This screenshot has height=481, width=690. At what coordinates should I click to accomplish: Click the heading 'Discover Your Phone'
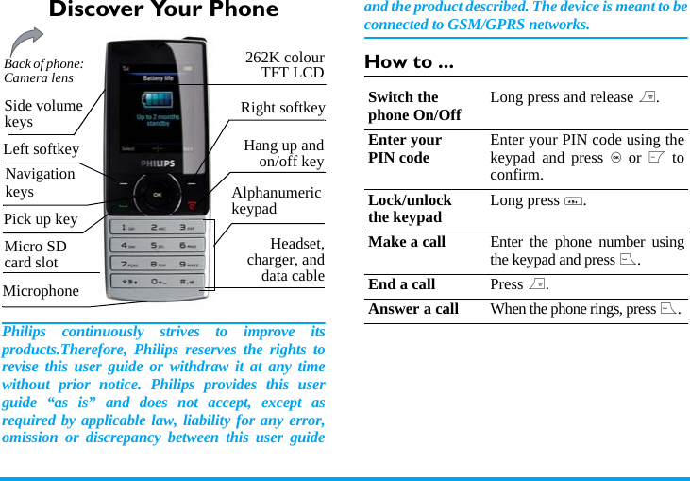point(163,11)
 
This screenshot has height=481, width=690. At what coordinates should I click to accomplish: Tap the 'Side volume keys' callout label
point(43,113)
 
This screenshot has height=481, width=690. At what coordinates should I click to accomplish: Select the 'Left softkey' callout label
point(42,149)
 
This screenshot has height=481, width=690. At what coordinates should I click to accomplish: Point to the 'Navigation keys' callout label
point(40,182)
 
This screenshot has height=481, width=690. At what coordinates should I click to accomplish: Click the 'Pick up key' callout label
point(41,219)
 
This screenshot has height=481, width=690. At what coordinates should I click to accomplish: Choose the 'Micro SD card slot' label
point(36,255)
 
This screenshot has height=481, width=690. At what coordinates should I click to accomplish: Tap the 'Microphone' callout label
point(42,291)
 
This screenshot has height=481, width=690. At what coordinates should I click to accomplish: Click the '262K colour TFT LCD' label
point(284,65)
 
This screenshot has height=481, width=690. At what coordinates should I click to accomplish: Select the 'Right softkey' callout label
point(282,108)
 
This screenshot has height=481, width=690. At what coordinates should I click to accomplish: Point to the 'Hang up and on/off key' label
point(283,153)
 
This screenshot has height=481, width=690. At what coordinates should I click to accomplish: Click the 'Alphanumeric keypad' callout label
point(276,200)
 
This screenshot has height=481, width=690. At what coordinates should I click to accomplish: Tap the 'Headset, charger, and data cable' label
point(286,260)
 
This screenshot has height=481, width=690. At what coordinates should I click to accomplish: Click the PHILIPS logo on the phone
point(158,163)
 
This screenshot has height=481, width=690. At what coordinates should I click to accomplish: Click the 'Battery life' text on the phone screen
point(158,78)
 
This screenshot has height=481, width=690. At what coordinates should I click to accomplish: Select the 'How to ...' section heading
point(409,63)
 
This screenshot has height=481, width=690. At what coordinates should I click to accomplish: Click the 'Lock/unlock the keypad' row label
point(410,209)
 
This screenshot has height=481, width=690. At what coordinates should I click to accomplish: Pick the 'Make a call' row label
point(407,242)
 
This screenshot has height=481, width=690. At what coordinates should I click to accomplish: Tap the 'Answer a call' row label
point(413,309)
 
